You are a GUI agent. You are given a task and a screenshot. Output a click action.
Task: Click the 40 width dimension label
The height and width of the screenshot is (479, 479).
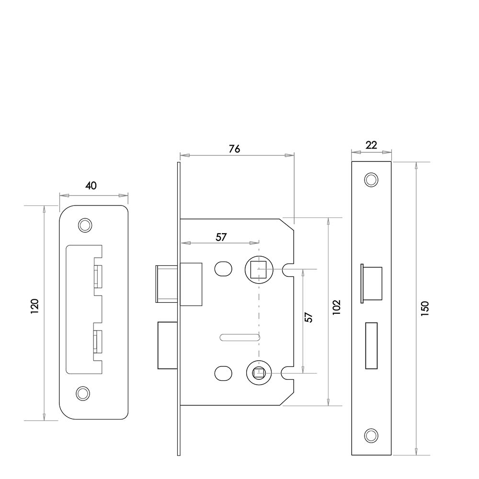tap(91, 185)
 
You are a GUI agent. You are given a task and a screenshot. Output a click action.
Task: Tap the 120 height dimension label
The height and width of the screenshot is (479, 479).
tap(34, 306)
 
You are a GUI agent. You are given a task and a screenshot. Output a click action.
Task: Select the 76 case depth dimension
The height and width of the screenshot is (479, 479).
tap(235, 149)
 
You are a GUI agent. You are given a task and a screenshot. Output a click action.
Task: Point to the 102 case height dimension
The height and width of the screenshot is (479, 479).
tap(336, 307)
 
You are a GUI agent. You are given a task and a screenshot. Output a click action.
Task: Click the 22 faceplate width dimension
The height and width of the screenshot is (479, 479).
tap(371, 145)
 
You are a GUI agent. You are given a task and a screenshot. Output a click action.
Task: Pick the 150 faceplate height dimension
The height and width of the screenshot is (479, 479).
tap(425, 308)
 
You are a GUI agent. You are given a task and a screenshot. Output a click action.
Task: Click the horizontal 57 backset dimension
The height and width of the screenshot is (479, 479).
tap(221, 237)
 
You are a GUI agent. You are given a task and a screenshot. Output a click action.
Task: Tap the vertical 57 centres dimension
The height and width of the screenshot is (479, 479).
tap(309, 318)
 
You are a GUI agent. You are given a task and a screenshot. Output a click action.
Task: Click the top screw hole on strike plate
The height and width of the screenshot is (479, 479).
tap(85, 225)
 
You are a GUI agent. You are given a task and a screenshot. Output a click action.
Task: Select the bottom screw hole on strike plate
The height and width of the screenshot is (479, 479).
tap(82, 393)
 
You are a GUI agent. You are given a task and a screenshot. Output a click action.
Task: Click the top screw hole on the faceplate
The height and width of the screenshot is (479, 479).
tap(371, 180)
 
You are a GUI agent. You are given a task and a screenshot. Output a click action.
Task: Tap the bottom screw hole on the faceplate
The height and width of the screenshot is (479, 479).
tap(371, 435)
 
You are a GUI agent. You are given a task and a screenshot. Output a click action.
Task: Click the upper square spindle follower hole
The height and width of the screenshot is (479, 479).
tap(259, 269)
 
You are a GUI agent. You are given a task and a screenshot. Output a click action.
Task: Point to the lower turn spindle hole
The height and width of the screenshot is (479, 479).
tap(259, 373)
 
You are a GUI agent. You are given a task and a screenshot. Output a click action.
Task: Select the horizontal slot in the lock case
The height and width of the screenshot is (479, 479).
tap(240, 338)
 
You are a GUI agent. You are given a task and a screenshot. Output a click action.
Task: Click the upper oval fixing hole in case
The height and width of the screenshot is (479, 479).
tap(223, 269)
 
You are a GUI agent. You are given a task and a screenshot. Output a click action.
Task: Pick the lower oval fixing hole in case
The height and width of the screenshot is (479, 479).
tap(223, 373)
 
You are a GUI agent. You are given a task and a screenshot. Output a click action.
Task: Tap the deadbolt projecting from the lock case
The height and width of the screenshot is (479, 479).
tap(168, 345)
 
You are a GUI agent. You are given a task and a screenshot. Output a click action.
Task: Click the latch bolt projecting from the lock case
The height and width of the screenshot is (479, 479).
tap(167, 284)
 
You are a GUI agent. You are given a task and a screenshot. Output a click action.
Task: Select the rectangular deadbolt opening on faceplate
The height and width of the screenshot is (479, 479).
tap(371, 345)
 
